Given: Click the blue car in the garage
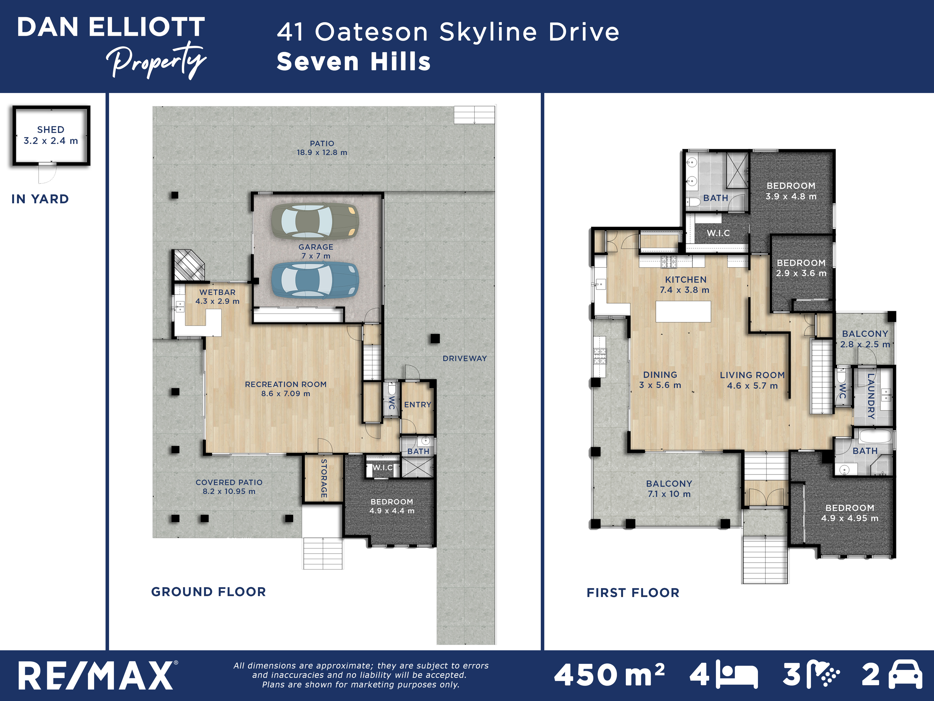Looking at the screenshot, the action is tap(315, 280).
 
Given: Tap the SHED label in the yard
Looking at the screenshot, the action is tap(51, 130).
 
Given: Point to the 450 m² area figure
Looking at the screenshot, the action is tap(609, 674).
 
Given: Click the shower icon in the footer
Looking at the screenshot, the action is tap(823, 674).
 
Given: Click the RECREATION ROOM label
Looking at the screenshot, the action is tap(286, 385).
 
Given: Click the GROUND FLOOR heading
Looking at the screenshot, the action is tap(209, 592).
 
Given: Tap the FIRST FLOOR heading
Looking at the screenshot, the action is tap(633, 593).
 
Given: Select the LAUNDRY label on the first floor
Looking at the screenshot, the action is tap(871, 396).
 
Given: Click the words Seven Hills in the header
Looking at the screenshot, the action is tap(354, 62).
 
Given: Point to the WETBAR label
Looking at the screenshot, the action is tap(217, 292).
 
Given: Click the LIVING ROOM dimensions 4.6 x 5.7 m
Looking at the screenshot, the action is tap(752, 386).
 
